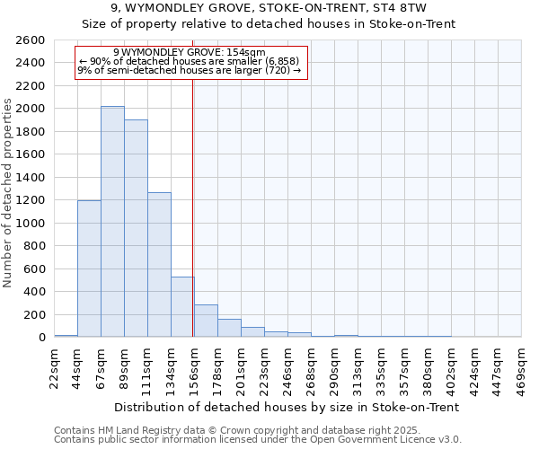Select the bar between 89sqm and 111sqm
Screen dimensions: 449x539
coord(136,228)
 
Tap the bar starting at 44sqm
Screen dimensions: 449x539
coord(89,269)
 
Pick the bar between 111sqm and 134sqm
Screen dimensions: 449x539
coord(159,265)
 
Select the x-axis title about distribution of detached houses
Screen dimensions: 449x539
coord(287,407)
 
